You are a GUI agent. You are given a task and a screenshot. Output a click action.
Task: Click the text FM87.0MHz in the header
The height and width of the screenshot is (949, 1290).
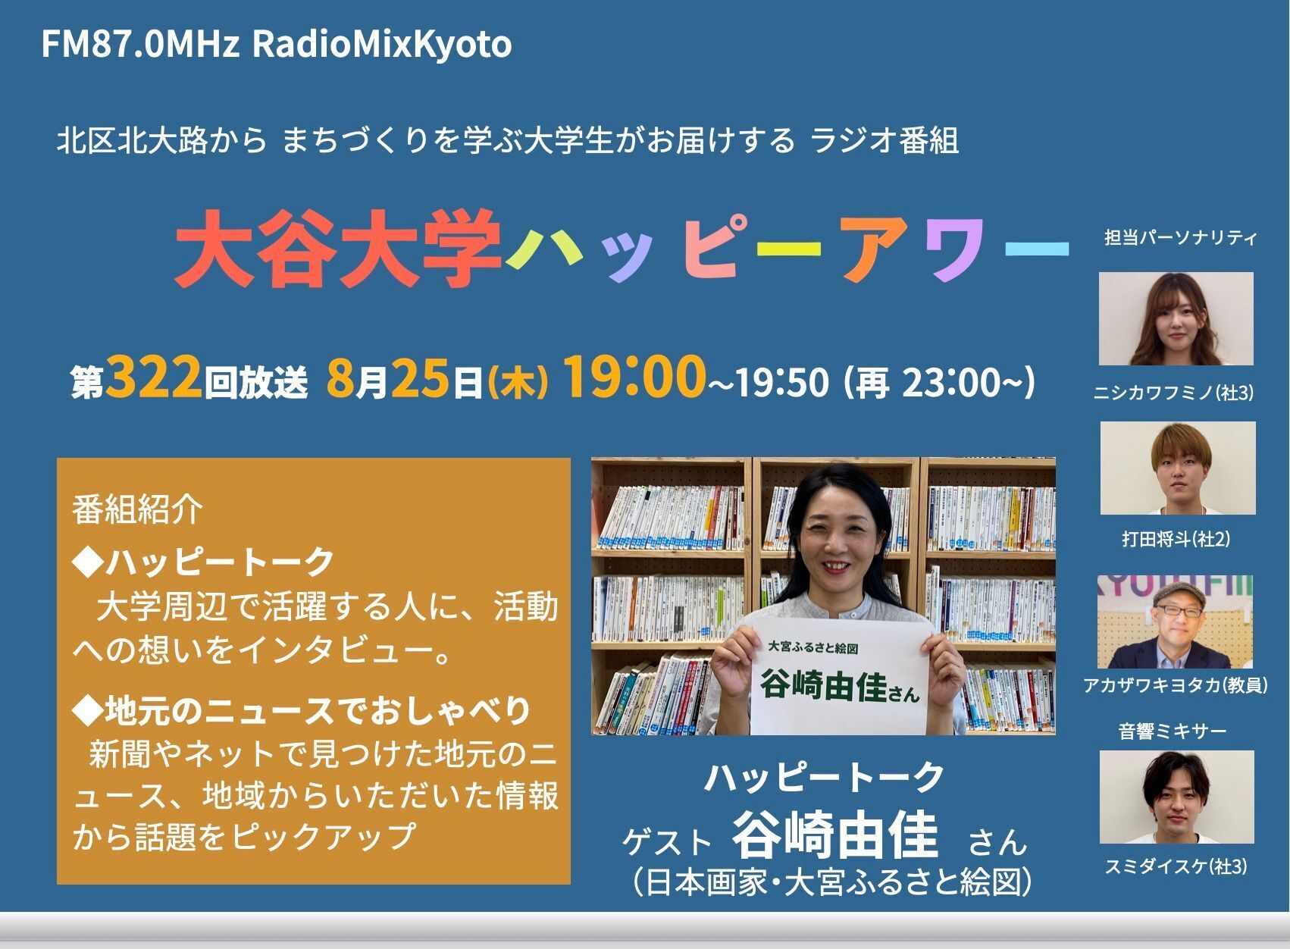point(140,44)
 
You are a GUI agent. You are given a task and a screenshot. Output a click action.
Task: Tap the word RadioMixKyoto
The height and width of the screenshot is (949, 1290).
point(382,45)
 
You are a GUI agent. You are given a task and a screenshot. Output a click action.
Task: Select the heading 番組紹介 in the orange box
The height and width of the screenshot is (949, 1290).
point(137,509)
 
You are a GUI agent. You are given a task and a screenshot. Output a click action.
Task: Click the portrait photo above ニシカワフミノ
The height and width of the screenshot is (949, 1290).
point(1176,318)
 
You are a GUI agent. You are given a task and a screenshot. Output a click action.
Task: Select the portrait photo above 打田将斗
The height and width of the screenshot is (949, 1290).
point(1178,468)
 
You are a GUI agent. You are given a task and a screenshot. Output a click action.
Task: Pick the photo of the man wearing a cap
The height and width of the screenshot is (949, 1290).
point(1175,622)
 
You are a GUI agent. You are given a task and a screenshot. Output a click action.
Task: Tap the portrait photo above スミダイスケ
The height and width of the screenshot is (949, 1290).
point(1176,797)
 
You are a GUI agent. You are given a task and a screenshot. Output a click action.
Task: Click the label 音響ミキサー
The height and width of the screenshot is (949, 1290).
point(1173,731)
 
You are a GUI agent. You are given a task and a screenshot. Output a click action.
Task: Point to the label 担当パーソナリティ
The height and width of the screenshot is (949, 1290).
point(1181,237)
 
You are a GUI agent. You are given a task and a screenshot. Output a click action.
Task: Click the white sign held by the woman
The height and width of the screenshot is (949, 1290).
point(841,677)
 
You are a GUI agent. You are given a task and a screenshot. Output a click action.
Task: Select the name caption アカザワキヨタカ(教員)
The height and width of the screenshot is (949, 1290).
point(1176,685)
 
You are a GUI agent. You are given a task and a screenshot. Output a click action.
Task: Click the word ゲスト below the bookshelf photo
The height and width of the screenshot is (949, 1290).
point(667,842)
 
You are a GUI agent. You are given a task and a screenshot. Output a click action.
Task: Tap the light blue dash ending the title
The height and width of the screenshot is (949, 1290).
point(1037,248)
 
